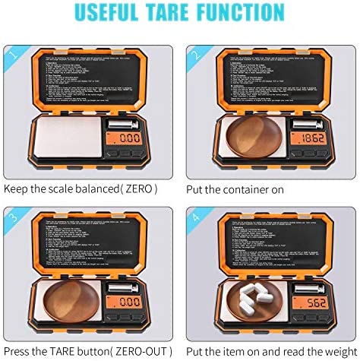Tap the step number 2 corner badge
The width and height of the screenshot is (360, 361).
click(196, 54)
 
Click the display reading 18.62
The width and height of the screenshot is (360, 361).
click(313, 139)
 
